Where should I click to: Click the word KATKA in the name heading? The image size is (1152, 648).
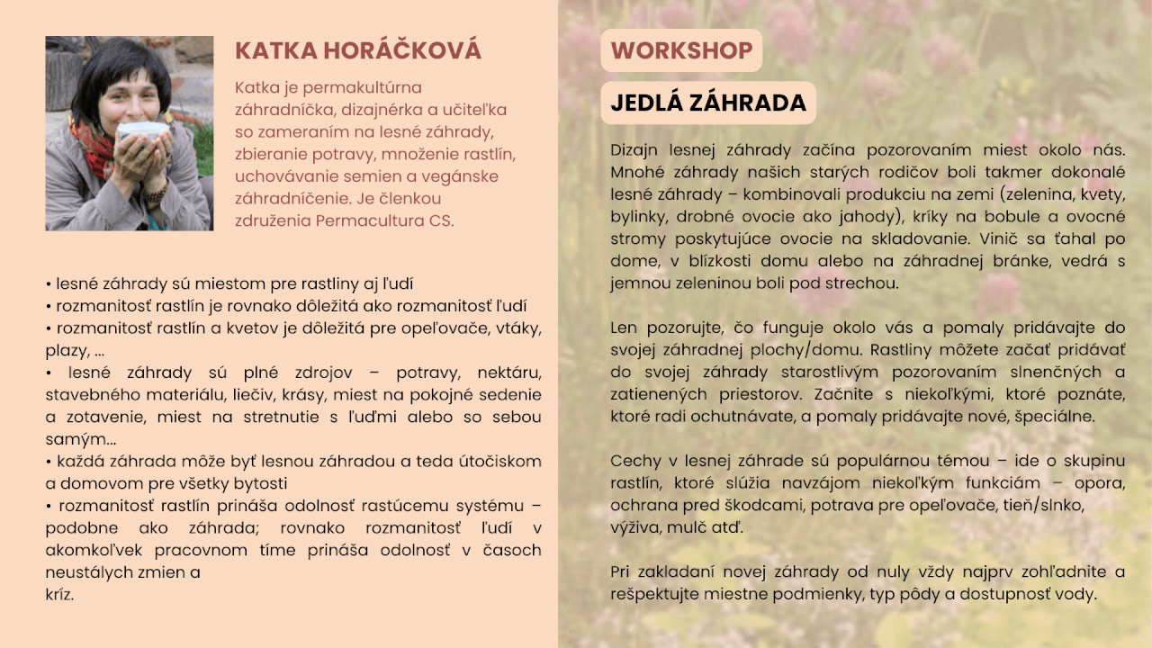coord(276,51)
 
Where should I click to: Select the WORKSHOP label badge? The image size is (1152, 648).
coord(681,50)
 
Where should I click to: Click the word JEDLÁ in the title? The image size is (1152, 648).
coord(645,102)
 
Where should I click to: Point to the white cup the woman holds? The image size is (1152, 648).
coord(143,131)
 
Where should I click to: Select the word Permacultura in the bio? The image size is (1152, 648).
coord(370,220)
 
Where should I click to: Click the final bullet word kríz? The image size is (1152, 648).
coord(59,595)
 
